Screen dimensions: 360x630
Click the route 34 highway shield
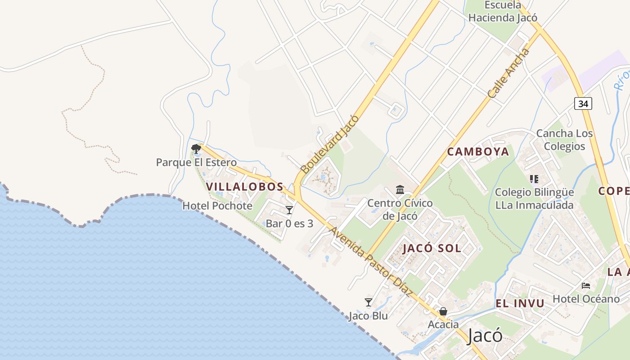tap(583, 103)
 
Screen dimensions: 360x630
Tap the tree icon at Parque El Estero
tap(196, 148)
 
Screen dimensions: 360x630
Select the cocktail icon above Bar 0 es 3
tap(289, 210)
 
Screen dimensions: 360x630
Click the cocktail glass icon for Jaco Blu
tap(369, 302)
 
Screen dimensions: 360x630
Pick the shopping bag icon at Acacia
tap(443, 311)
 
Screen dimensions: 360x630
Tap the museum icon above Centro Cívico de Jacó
tap(400, 189)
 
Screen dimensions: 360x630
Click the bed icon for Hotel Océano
tap(586, 285)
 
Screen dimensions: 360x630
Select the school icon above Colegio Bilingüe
tap(534, 179)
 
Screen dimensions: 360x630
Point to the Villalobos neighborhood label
tap(245, 186)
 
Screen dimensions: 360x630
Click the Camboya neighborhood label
tap(478, 152)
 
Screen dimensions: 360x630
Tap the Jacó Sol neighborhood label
tap(432, 248)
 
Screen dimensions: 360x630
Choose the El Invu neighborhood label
tap(520, 303)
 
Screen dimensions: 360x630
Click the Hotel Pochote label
tap(217, 206)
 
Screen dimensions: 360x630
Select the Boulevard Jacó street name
tap(330, 144)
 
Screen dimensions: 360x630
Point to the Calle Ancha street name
tap(509, 74)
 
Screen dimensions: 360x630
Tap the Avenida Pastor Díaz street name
tap(371, 261)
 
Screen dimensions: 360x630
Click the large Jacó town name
tap(485, 336)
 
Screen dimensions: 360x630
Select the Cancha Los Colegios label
tap(564, 139)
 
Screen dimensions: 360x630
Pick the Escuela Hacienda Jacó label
tap(503, 12)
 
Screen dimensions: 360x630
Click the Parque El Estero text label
tap(196, 162)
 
